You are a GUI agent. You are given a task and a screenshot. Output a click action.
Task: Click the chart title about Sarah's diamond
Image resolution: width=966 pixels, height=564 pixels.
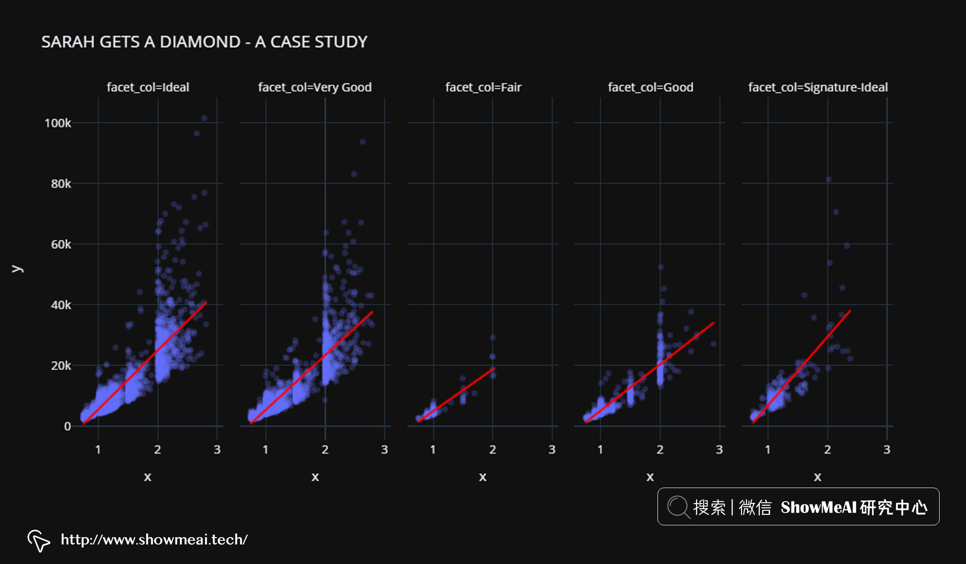(204, 42)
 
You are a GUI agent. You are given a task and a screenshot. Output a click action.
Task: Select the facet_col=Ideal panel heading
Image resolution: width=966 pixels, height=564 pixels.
(148, 87)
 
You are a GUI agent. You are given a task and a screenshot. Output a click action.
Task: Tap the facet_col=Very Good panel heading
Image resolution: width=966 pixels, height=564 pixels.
(314, 87)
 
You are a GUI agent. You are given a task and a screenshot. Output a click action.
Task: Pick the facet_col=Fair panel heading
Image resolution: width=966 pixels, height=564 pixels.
(483, 87)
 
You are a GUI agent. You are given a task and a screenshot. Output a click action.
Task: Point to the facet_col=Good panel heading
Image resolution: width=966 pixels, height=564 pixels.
(650, 87)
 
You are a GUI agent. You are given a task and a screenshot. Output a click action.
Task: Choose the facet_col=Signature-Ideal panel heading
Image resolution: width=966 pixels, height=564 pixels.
(817, 87)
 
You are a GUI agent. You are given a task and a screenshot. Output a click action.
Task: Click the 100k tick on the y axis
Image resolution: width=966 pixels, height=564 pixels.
(58, 123)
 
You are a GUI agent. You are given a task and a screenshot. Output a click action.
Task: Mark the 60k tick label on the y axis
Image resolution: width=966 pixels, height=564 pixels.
(61, 244)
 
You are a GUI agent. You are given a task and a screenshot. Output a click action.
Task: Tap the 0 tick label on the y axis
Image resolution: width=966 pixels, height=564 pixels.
(67, 426)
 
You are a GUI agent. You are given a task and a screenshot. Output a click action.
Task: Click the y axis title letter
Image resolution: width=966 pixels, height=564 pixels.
(17, 269)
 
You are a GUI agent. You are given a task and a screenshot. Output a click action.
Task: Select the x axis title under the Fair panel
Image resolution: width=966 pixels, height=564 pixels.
(483, 477)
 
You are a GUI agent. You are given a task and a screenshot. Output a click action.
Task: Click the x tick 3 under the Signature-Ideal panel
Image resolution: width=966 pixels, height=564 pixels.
(886, 449)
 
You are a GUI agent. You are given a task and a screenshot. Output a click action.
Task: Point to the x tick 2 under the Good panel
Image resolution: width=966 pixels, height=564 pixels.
(660, 449)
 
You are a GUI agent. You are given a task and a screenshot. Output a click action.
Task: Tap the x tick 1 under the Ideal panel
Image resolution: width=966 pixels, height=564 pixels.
(98, 449)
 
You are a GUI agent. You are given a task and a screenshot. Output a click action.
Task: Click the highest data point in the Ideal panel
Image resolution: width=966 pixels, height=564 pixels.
(204, 118)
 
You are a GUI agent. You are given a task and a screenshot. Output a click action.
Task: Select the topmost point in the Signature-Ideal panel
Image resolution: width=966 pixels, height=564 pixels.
(829, 180)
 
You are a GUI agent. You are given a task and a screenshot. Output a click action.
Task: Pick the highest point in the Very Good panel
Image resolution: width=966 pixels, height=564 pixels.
(363, 142)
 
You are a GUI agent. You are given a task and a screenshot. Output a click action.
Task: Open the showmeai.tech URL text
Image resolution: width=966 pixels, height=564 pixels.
(154, 539)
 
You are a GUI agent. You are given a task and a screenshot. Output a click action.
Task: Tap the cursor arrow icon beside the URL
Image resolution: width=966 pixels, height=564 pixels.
(39, 540)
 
